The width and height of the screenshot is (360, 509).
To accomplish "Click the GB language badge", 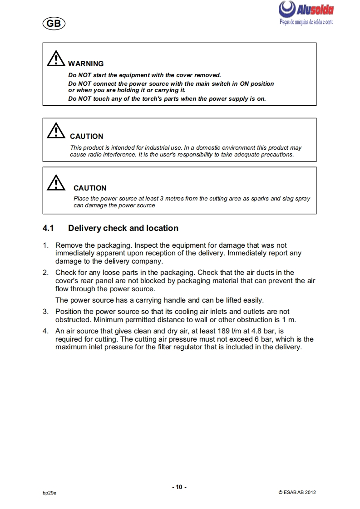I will coord(54,24).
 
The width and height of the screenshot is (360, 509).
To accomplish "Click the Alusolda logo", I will coord(306,9).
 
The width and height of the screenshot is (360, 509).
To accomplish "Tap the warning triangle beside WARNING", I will coord(55,59).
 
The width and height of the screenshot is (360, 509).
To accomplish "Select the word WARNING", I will coord(86,64).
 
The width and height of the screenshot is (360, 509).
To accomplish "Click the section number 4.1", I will coord(49,228).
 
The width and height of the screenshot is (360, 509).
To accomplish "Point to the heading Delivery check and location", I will coord(123,228).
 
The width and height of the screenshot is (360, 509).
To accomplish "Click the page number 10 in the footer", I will coord(179,487).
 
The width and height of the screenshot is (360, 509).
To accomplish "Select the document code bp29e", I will coord(49,493).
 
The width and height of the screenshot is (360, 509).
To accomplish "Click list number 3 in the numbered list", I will coord(45,312).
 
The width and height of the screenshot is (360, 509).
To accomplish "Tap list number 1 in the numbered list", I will coord(45,245).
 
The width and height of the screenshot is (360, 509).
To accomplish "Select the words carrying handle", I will coord(159,300).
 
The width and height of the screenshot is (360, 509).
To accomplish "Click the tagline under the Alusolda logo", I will coord(306,22).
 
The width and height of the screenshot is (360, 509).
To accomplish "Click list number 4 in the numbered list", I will coord(45,331).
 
